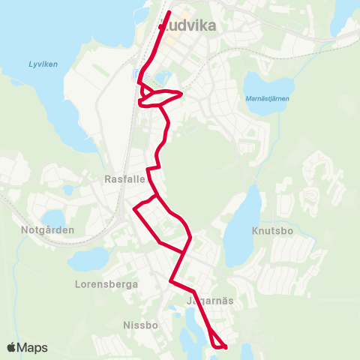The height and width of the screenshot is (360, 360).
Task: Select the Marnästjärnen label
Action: (x=268, y=99)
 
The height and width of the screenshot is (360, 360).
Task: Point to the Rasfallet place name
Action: (x=124, y=180)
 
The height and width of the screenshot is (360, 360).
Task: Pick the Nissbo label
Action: (x=139, y=326)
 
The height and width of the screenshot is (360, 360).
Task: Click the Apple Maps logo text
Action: (x=27, y=347)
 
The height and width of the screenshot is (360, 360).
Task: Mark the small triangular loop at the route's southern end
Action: (x=217, y=342)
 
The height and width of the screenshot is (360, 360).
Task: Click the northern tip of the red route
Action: (x=169, y=12)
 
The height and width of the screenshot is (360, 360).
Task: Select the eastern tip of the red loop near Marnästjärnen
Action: (x=181, y=94)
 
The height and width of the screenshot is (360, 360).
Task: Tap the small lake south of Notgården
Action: (x=88, y=260)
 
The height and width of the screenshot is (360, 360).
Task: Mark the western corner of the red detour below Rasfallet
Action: (x=134, y=209)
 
